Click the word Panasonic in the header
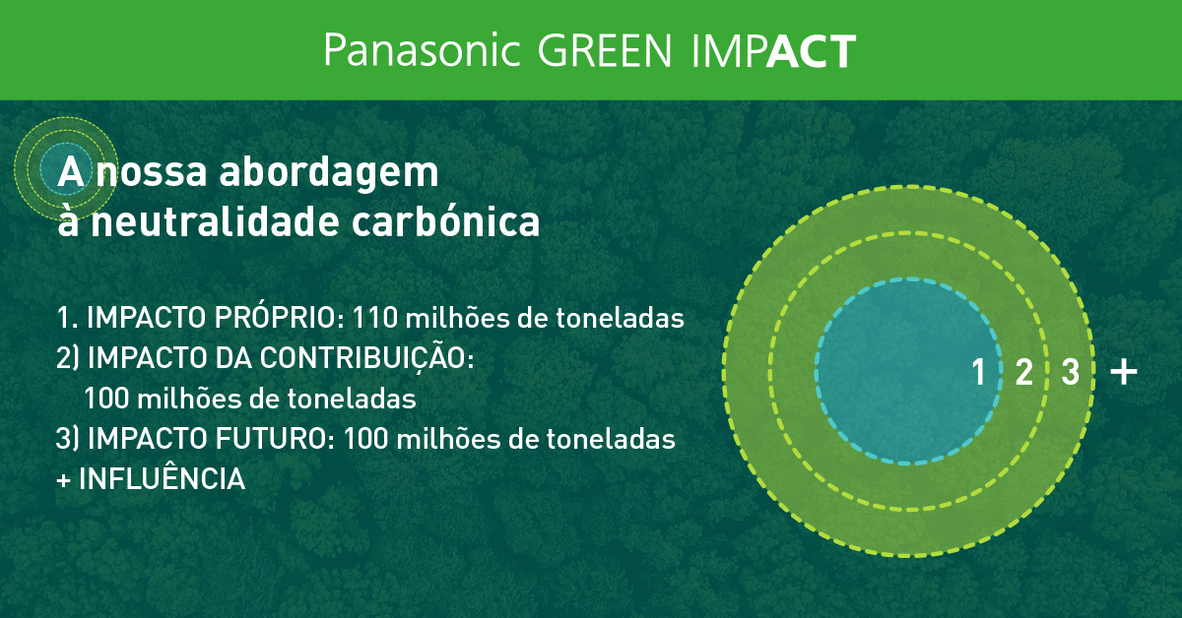[421, 50]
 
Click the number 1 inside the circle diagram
[978, 373]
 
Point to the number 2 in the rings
[1023, 373]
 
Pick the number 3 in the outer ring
[1070, 373]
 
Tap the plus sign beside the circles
[1123, 372]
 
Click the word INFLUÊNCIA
[161, 479]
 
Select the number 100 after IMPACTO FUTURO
[367, 439]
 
